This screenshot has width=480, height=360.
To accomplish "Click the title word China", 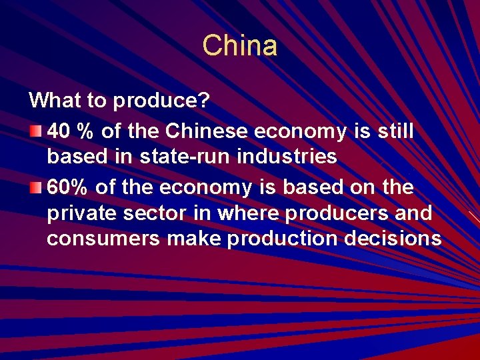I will (x=239, y=46).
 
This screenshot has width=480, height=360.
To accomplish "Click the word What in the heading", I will (x=53, y=101).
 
